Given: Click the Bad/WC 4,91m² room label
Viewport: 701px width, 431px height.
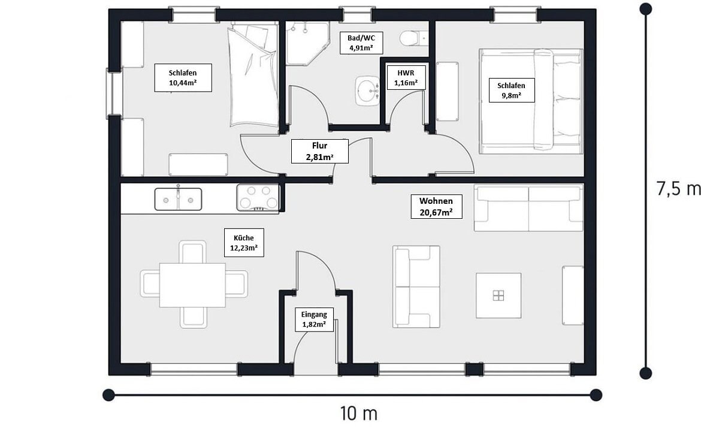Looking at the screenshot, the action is point(361,43).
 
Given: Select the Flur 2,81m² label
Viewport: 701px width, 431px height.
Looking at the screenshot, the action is point(320,151).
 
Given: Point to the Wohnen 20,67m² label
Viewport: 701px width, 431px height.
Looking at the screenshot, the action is point(436,207).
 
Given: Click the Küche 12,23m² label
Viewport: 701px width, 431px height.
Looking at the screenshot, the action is point(244,243).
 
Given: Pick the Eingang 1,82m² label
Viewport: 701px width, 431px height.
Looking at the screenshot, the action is point(314,320).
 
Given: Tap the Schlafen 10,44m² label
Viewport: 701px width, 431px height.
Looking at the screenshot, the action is point(183,78).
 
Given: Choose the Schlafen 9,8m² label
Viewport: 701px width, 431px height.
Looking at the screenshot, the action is point(511,91).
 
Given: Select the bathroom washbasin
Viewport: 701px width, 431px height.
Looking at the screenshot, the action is point(367,91).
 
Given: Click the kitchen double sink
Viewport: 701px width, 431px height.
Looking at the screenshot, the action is point(178,199).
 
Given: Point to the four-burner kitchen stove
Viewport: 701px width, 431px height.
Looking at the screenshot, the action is point(258,197).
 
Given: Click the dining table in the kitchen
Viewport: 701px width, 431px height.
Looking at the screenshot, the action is point(193,285).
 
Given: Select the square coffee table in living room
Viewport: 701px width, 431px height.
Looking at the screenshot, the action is point(498,296).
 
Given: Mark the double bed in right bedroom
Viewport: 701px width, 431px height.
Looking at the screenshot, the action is point(531,101).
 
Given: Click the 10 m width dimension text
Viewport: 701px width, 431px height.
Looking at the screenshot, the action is point(358,414).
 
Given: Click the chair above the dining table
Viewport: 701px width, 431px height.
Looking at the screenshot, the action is point(193,252).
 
